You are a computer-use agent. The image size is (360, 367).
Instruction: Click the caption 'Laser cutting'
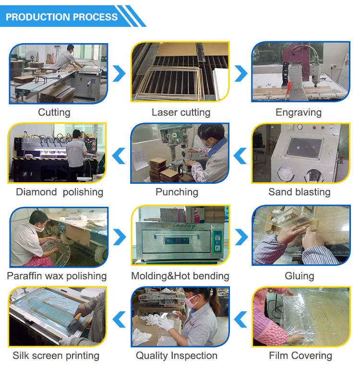click(x=180, y=113)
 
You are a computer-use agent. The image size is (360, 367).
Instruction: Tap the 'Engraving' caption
click(x=299, y=113)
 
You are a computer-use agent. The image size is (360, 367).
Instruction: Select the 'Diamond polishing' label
click(x=60, y=192)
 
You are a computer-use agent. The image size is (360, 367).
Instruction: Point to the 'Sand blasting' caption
click(x=299, y=192)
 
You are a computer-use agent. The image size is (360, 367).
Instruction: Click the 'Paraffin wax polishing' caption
click(x=57, y=276)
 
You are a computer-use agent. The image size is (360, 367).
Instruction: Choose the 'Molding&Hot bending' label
click(x=180, y=276)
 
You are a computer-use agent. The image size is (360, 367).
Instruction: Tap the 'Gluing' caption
click(x=299, y=276)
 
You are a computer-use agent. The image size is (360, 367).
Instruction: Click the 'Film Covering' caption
click(x=300, y=355)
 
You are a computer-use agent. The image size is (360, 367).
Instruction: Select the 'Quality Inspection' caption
click(x=177, y=355)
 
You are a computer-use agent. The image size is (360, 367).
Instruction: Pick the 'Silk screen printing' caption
click(x=56, y=355)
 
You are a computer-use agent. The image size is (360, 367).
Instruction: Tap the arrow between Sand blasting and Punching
click(x=240, y=154)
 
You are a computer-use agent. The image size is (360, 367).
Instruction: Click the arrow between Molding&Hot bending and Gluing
click(x=240, y=236)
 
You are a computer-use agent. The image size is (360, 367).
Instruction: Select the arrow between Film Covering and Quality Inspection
click(x=240, y=317)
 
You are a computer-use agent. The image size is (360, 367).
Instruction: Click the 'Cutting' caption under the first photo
click(x=54, y=113)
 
